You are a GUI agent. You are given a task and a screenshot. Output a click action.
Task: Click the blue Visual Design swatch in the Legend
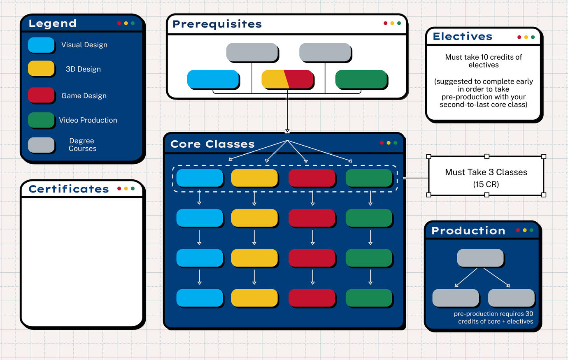[41, 45]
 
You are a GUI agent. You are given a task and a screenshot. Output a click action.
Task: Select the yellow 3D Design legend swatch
[41, 68]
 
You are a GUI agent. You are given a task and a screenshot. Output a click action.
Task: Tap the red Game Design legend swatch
[41, 95]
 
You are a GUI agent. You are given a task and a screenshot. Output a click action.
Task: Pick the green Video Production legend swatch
[41, 120]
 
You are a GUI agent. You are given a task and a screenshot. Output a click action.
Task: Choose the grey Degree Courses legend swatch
[41, 145]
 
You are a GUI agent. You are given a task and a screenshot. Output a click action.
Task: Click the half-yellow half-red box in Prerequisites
[287, 79]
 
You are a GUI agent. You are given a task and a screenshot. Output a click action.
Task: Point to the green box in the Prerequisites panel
[361, 79]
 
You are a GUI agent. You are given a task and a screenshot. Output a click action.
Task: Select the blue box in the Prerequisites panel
[213, 79]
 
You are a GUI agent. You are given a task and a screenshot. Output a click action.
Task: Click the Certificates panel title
[69, 189]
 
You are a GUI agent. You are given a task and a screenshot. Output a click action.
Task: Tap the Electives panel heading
[462, 37]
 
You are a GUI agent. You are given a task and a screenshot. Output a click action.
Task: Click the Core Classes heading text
[212, 144]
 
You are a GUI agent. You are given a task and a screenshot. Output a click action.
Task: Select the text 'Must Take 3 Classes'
[486, 172]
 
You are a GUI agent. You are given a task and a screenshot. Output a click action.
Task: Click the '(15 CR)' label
[486, 184]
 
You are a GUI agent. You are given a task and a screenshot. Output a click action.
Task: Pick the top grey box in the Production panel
[480, 258]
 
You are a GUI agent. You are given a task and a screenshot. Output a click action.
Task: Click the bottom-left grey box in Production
[455, 297]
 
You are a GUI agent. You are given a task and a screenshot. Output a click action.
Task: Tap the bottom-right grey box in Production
[511, 297]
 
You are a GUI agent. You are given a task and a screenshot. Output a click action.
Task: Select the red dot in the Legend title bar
[119, 23]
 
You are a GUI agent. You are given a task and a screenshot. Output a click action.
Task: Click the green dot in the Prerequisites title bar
[399, 23]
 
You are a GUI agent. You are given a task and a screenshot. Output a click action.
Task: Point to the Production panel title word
[468, 231]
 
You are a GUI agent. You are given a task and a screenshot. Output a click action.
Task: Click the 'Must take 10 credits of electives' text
[483, 61]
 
